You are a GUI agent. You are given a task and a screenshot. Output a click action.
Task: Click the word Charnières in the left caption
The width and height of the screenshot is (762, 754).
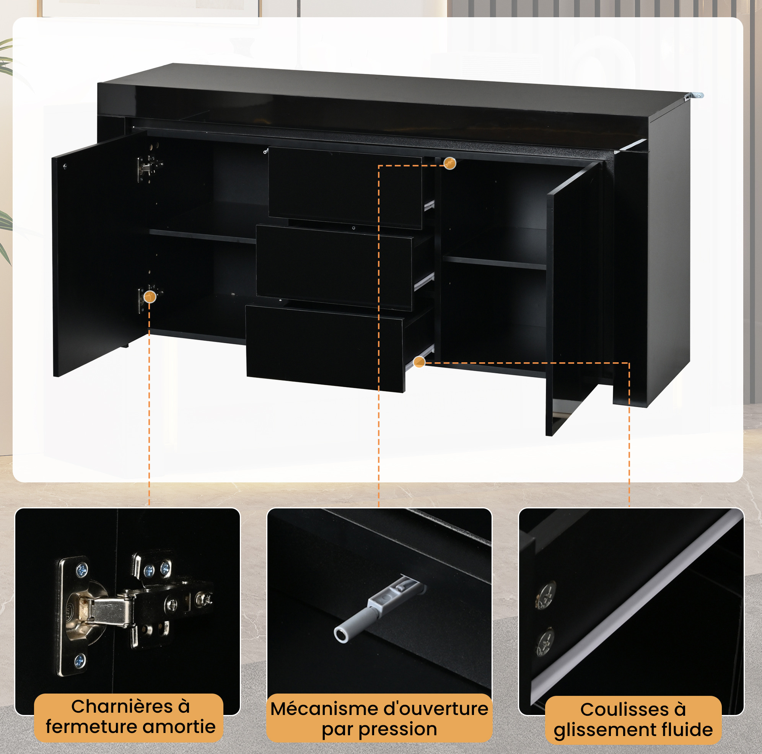click(122, 706)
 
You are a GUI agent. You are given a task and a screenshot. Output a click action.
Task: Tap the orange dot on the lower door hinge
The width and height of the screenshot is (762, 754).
click(150, 297)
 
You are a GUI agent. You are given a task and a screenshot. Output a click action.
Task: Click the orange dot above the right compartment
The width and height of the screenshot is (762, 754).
click(449, 163)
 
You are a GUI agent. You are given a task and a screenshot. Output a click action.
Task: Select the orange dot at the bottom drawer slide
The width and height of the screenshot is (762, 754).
click(419, 362)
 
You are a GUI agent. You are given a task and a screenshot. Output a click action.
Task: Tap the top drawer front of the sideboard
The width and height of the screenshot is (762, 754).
click(345, 188)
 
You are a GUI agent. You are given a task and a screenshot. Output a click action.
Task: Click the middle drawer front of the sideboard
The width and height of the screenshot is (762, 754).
click(334, 267)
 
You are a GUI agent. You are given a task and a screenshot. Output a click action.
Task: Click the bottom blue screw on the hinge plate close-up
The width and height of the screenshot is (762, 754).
click(80, 661)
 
